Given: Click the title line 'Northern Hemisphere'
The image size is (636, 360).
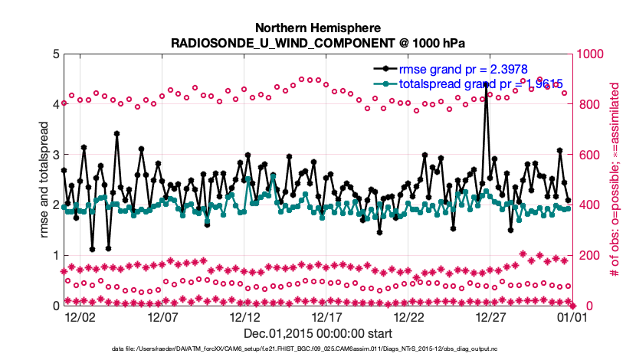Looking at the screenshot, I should click(318, 27).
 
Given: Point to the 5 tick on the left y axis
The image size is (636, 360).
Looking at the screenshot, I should click(55, 54).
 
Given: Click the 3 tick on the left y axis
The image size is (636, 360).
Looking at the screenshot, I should click(55, 155).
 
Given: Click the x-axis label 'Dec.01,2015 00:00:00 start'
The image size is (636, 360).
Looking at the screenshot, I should click(318, 334).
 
